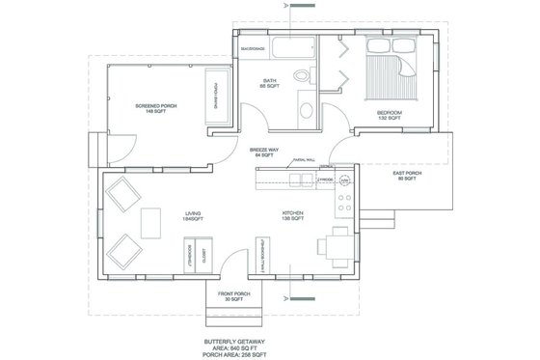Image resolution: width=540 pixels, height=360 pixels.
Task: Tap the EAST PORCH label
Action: [404, 177]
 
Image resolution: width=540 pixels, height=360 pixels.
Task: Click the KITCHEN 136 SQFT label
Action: [292, 216]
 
